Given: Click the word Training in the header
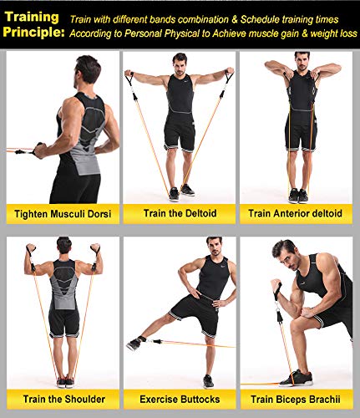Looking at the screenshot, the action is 32,18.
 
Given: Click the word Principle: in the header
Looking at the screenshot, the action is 33,32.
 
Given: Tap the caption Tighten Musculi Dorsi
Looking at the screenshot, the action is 63,214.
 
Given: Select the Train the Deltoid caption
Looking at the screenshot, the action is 180,213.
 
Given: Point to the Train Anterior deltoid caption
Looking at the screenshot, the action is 295,213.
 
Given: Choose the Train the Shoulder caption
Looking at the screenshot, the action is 64,399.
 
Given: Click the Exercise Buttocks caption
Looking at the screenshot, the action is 180,400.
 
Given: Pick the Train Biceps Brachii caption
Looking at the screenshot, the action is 296,400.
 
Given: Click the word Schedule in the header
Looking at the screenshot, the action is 260,19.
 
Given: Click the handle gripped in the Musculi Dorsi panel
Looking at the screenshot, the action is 38,150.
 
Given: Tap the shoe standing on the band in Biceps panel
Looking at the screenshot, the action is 296,379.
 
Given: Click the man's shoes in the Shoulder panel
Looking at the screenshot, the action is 66,382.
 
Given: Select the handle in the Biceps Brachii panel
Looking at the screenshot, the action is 276,291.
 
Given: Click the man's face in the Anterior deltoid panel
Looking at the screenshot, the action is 302,64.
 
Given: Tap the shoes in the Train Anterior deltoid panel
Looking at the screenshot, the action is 298,196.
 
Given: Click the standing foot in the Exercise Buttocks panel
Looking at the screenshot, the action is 208,381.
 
